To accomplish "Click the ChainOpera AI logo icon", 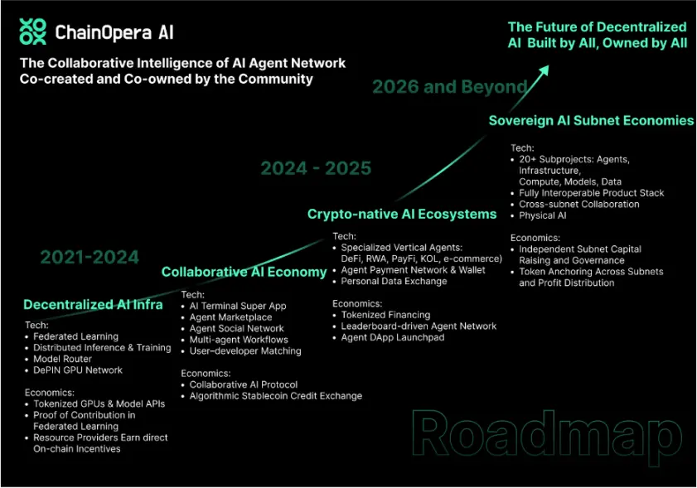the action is [x=33, y=31].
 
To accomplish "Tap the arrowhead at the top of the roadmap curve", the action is [x=544, y=71].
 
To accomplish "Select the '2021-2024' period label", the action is [x=90, y=258].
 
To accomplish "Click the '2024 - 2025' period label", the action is [x=316, y=168].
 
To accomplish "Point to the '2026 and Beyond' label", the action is [x=449, y=87].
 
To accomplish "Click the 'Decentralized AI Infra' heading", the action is [x=93, y=304].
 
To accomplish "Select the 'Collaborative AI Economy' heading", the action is [x=244, y=272].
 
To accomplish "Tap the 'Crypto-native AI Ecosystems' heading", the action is [x=402, y=215].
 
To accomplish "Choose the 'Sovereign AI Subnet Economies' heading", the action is [x=591, y=120].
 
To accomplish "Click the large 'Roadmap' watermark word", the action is [x=547, y=437].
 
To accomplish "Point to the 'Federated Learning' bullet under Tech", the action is [x=76, y=336].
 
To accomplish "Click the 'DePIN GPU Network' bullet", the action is [x=78, y=370].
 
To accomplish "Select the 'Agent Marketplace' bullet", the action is [x=230, y=317].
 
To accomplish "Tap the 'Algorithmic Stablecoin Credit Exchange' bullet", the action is [x=276, y=396].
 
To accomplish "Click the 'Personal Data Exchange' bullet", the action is [x=394, y=282].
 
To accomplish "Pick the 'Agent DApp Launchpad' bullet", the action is [x=393, y=337].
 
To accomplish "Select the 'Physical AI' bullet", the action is [x=543, y=215].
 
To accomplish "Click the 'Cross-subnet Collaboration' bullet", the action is [x=579, y=205].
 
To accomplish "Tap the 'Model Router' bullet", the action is [x=63, y=359].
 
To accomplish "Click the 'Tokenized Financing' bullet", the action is [x=386, y=315].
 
